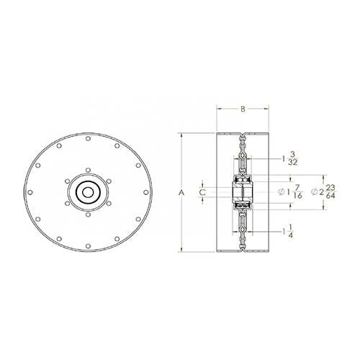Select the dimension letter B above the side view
point(243,109)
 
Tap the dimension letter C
point(203,192)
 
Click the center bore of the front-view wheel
point(89,192)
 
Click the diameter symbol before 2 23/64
point(312,192)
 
